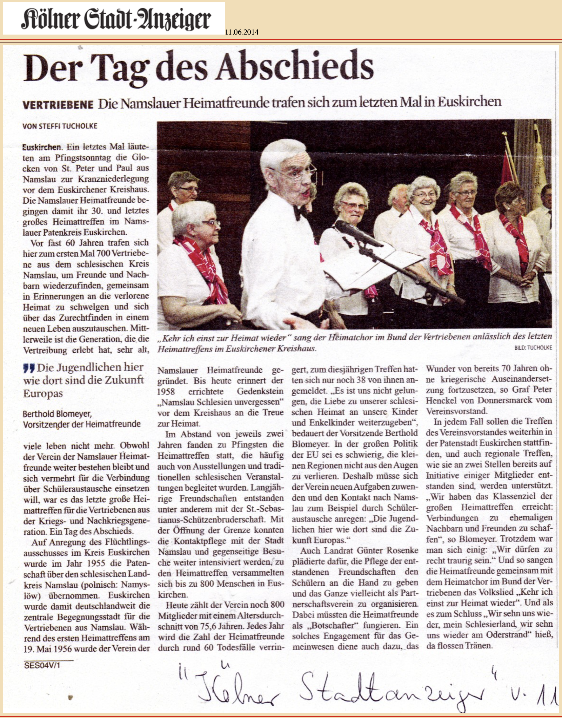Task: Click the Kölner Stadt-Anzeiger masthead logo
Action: (114, 19)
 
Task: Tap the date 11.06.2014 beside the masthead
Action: (242, 32)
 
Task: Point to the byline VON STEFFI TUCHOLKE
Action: (60, 126)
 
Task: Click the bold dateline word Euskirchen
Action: (42, 147)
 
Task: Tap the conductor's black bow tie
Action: (300, 212)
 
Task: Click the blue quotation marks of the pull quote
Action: (29, 368)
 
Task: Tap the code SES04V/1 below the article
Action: (42, 665)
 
